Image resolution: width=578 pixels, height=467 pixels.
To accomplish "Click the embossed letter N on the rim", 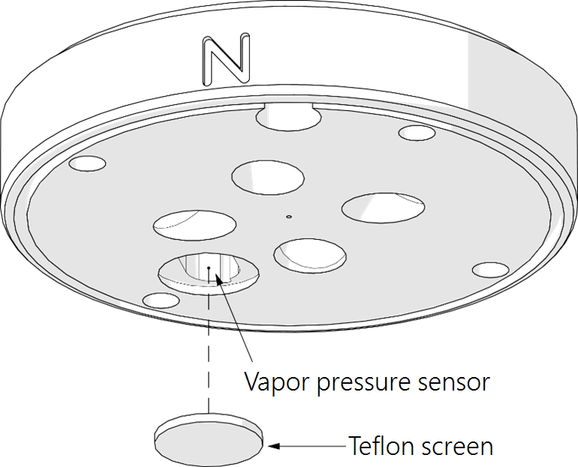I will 226,58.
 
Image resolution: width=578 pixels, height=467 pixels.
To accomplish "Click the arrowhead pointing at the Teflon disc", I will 275,446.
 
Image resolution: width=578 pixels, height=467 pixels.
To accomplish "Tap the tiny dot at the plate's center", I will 287,217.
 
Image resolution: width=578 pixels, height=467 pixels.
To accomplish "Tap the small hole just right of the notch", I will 417,133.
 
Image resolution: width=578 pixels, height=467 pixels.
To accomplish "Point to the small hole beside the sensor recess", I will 161,301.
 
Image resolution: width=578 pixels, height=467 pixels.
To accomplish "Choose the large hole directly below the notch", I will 268,176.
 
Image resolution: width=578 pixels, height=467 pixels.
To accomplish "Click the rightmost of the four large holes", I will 384,208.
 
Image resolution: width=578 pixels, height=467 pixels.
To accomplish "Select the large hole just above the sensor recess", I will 194,223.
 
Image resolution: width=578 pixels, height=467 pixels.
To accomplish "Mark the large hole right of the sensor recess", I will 311,255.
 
